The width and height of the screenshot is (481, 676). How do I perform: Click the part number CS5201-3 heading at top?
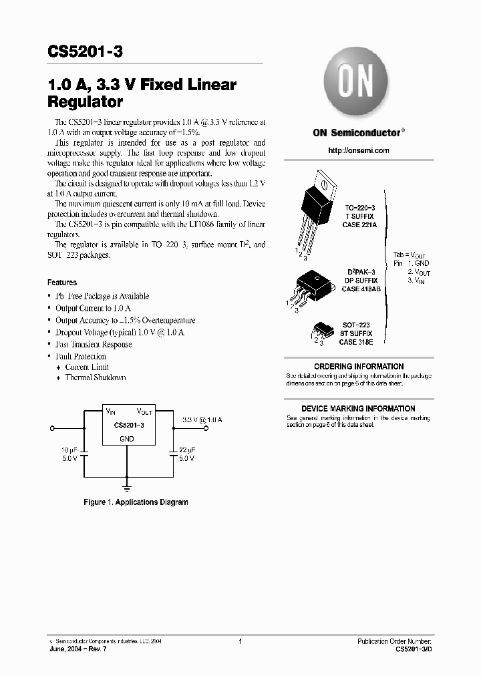pyautogui.click(x=85, y=51)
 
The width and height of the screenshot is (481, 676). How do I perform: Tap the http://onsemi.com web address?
pyautogui.click(x=358, y=150)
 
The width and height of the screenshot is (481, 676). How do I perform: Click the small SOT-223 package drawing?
pyautogui.click(x=320, y=331)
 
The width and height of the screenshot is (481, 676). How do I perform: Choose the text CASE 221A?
pyautogui.click(x=360, y=226)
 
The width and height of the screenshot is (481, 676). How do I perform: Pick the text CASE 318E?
pyautogui.click(x=356, y=342)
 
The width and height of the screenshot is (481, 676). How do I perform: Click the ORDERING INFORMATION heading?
pyautogui.click(x=358, y=367)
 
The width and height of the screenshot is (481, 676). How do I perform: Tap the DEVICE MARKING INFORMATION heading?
pyautogui.click(x=358, y=409)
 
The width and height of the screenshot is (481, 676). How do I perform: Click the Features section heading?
pyautogui.click(x=62, y=283)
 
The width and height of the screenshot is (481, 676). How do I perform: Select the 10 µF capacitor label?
pyautogui.click(x=71, y=450)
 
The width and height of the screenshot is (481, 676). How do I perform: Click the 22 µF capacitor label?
pyautogui.click(x=187, y=450)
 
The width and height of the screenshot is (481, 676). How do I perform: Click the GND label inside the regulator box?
pyautogui.click(x=127, y=439)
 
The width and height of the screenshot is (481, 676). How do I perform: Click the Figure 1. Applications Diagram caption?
pyautogui.click(x=136, y=502)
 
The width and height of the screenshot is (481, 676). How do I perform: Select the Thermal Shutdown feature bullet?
pyautogui.click(x=96, y=377)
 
